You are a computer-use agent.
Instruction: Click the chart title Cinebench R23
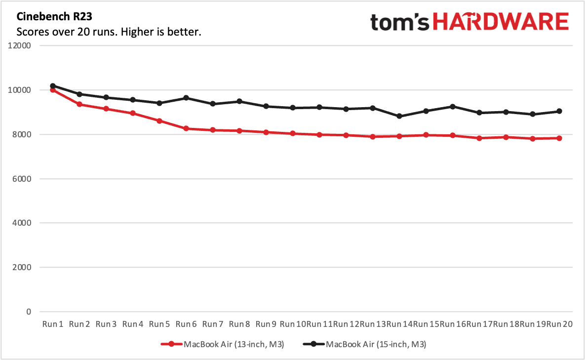[x=54, y=16]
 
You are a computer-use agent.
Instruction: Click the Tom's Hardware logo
[x=469, y=22]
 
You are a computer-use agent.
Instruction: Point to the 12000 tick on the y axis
[x=19, y=45]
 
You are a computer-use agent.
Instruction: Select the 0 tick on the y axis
[x=29, y=312]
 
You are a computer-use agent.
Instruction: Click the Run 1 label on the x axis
[x=53, y=324]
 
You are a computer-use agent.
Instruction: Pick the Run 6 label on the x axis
[x=186, y=324]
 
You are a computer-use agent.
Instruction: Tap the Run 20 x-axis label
[x=559, y=324]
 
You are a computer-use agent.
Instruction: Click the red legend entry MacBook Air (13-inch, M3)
[x=222, y=344]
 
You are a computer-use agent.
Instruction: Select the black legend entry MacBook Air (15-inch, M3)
[x=364, y=344]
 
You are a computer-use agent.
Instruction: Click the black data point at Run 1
[x=53, y=86]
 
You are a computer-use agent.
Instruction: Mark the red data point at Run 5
[x=159, y=121]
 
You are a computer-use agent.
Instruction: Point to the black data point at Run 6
[x=186, y=98]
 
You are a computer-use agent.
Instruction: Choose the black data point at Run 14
[x=399, y=116]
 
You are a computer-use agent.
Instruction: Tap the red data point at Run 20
[x=559, y=138]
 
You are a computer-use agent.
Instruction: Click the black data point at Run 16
[x=453, y=107]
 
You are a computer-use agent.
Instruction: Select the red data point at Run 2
[x=79, y=104]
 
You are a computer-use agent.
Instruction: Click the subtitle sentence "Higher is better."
[x=161, y=32]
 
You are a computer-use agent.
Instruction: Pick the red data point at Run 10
[x=292, y=133]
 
